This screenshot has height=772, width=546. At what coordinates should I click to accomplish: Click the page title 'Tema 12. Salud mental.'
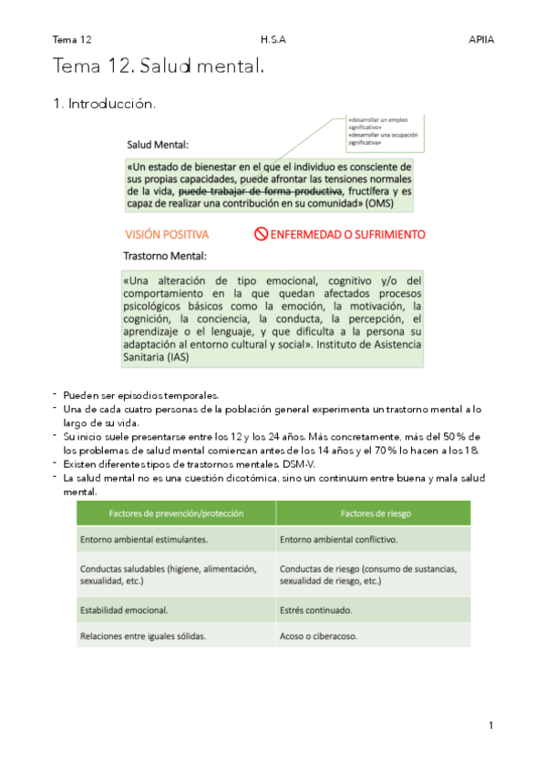pyautogui.click(x=159, y=66)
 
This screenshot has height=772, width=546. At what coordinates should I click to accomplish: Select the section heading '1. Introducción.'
pyautogui.click(x=104, y=104)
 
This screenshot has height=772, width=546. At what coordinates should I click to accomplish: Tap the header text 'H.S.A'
pyautogui.click(x=272, y=40)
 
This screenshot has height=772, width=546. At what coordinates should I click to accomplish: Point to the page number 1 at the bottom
pyautogui.click(x=490, y=725)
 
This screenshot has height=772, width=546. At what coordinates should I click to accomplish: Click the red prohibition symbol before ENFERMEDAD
pyautogui.click(x=261, y=234)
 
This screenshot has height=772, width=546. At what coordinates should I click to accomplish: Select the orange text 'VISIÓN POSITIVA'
pyautogui.click(x=167, y=234)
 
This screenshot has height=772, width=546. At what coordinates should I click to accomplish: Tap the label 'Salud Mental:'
pyautogui.click(x=158, y=144)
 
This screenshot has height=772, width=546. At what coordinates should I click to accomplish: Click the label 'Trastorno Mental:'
pyautogui.click(x=165, y=256)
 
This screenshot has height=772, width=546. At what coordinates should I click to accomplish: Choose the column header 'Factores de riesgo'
pyautogui.click(x=374, y=513)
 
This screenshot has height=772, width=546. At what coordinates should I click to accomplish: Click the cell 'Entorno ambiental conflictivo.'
pyautogui.click(x=338, y=539)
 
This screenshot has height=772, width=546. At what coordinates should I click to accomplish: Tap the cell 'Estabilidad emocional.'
pyautogui.click(x=124, y=609)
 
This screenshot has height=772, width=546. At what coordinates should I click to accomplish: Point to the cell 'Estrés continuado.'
pyautogui.click(x=316, y=609)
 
